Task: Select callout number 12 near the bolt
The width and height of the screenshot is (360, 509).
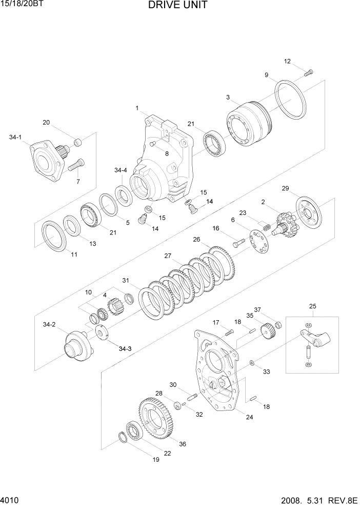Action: [287, 62]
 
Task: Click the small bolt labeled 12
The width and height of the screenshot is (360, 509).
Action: [309, 73]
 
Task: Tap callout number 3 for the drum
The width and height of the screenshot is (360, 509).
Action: [228, 97]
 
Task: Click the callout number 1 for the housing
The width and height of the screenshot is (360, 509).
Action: [137, 108]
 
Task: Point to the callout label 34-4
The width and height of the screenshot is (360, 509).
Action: [121, 170]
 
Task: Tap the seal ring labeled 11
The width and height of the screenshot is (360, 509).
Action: [54, 236]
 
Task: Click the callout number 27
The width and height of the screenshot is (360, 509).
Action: [167, 256]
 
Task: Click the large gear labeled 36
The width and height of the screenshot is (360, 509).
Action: [156, 416]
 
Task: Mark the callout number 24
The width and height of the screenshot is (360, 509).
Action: [249, 417]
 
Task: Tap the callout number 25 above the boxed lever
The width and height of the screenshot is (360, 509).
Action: [312, 307]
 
